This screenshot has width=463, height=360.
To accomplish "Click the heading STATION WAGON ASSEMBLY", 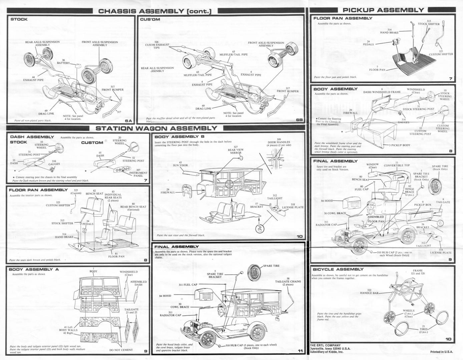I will (x=156, y=128).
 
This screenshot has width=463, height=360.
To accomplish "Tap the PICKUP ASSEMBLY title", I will (x=383, y=10).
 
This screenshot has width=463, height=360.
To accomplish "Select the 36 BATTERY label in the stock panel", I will (x=63, y=62).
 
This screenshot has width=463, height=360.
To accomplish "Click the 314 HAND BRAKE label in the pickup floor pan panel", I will (x=389, y=31).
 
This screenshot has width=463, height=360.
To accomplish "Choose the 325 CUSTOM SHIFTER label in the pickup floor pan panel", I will (x=441, y=53).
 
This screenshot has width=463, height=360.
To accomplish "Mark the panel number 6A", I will (x=129, y=121).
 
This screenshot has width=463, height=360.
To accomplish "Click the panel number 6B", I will (x=299, y=120).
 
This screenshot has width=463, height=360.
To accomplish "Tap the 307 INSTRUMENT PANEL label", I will (x=138, y=173).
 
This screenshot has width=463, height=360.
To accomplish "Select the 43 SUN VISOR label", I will (x=180, y=164).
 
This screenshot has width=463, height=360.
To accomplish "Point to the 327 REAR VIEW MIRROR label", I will (x=236, y=150).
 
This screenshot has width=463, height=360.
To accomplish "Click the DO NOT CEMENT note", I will (x=121, y=350).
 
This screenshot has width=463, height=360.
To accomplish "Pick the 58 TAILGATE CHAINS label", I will (x=288, y=281).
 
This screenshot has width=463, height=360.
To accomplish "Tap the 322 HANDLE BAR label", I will (x=369, y=292).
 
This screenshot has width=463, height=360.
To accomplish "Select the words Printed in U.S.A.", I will (x=441, y=352).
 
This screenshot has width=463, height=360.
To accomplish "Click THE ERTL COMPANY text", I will (x=325, y=345).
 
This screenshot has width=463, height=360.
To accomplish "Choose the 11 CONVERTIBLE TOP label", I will (x=397, y=164).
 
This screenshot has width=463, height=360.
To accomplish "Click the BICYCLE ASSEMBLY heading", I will (x=338, y=269).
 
